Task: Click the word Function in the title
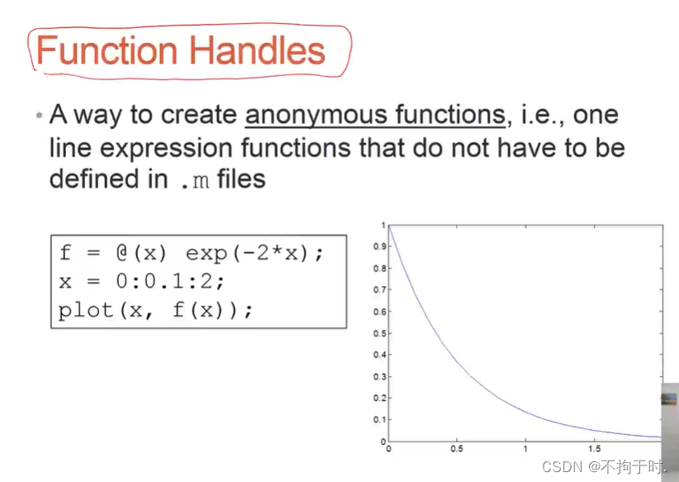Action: (x=107, y=50)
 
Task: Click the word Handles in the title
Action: (x=257, y=50)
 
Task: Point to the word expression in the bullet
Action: (x=167, y=149)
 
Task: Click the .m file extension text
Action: (x=195, y=180)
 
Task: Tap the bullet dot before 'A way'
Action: (x=40, y=115)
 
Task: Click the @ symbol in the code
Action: (x=122, y=253)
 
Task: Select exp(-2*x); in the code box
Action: (x=254, y=253)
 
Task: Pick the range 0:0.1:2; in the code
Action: (x=170, y=281)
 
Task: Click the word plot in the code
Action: (x=86, y=310)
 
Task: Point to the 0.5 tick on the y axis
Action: (x=380, y=333)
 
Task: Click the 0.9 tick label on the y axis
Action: (x=380, y=246)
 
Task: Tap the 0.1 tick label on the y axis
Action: (x=380, y=420)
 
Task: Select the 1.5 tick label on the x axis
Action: (x=595, y=449)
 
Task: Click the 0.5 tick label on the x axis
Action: (x=457, y=449)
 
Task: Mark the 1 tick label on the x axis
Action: (x=525, y=449)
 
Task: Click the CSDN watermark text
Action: (x=562, y=467)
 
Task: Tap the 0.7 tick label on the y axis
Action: (x=380, y=290)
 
